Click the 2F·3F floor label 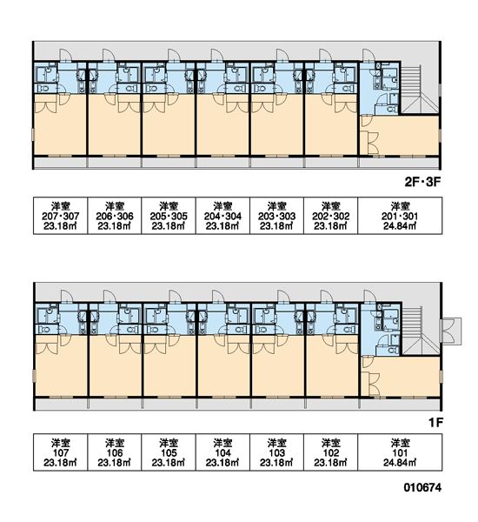[422, 182]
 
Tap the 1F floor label [435, 423]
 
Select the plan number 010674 [422, 487]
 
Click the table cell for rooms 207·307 [61, 216]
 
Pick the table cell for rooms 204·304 [222, 216]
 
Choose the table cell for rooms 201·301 [400, 216]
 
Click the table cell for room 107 [61, 452]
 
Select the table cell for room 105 [169, 452]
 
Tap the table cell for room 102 [330, 452]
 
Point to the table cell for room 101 [400, 452]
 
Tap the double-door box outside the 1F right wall [451, 331]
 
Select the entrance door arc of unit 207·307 [65, 55]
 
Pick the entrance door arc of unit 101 [369, 296]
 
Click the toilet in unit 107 [44, 330]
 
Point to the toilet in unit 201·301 [392, 109]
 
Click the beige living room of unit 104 [223, 365]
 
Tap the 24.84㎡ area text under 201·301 [400, 226]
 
